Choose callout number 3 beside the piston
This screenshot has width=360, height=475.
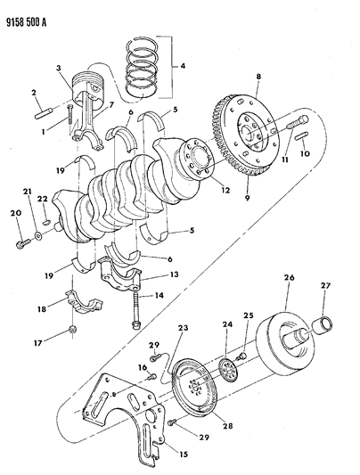click(58, 68)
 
